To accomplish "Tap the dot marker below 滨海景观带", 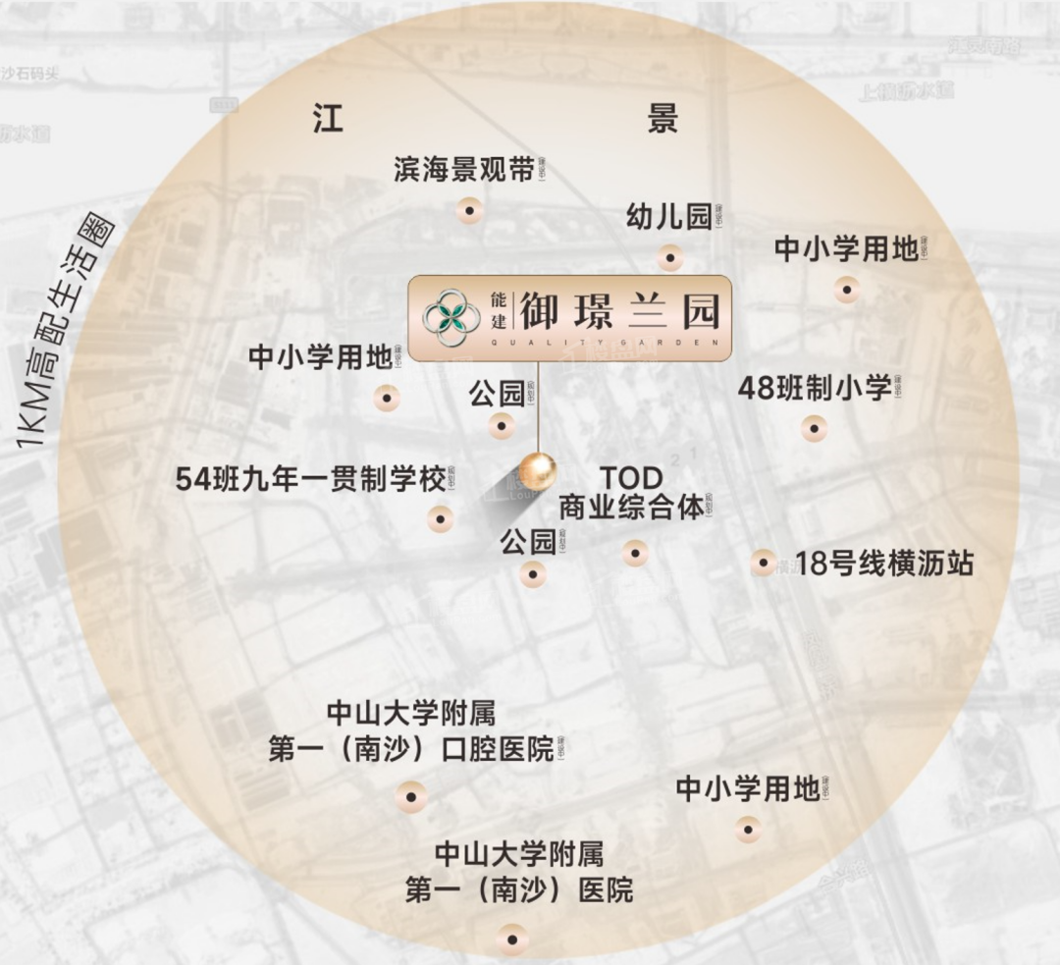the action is (x=470, y=209).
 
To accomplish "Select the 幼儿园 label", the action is (x=669, y=217).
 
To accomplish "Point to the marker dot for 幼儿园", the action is (x=670, y=258).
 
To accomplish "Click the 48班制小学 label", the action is (x=815, y=388).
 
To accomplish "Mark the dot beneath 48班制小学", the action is (x=814, y=428).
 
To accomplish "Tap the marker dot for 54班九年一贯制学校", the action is (x=441, y=518).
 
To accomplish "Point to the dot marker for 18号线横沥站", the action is (x=764, y=563).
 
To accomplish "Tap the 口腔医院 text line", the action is (x=411, y=751).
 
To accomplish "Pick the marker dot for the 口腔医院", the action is (x=411, y=796).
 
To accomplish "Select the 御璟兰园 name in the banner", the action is (x=620, y=310).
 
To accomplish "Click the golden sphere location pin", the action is (x=538, y=471).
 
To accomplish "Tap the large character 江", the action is (x=331, y=119).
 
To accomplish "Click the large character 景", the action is (x=662, y=119).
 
